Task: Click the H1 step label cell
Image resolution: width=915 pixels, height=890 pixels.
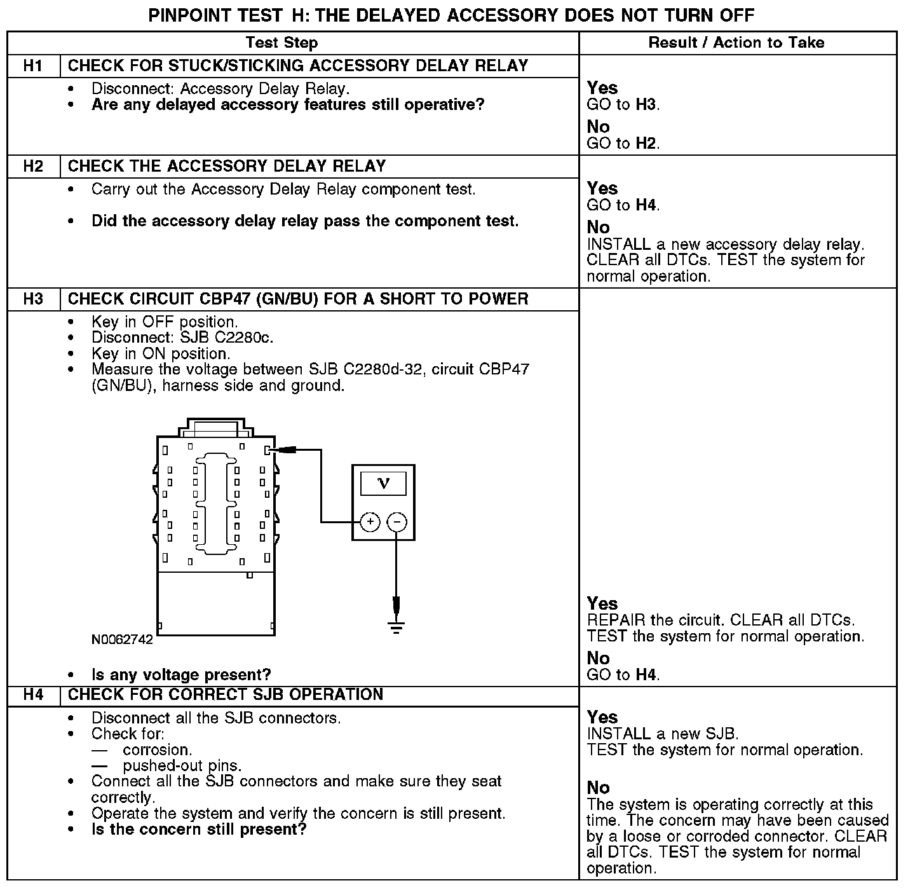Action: tap(33, 66)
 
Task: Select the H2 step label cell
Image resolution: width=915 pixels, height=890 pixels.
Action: tap(33, 167)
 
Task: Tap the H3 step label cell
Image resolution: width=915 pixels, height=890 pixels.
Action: tap(33, 299)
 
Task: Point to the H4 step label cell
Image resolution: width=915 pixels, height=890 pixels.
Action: tap(33, 695)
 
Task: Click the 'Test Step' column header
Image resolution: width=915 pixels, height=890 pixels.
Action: tap(281, 43)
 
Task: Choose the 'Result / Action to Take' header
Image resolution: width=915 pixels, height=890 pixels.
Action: tap(736, 43)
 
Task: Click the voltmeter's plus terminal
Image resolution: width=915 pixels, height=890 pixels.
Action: tap(370, 523)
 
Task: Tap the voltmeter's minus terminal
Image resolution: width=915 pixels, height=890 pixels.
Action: tap(396, 523)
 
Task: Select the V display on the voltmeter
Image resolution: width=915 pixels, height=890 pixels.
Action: tap(383, 484)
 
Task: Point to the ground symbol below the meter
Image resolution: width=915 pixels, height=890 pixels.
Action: tap(396, 627)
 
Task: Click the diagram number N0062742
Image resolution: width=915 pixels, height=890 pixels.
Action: tap(122, 640)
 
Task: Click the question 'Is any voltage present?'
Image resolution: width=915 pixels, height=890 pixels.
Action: tap(181, 674)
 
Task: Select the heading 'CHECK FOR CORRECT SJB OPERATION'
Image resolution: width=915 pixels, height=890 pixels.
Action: tap(226, 695)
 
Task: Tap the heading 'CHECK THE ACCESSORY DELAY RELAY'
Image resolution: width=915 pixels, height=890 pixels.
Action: tap(227, 167)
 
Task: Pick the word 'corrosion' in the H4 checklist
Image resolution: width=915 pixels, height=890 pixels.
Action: tap(157, 750)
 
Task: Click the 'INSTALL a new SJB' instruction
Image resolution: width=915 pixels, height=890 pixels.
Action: tap(663, 734)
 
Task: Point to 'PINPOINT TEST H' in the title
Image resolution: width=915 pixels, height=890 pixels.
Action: tap(225, 15)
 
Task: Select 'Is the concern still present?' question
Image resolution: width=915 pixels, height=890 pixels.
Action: tap(199, 830)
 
